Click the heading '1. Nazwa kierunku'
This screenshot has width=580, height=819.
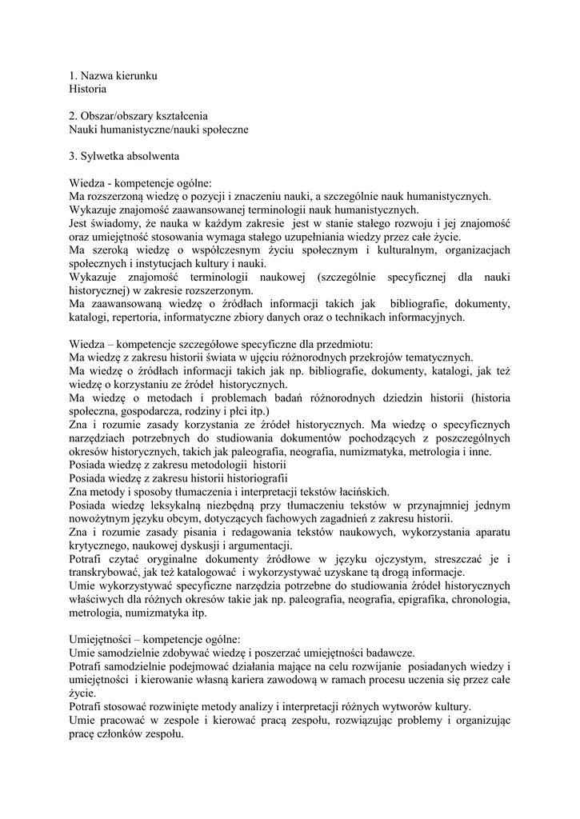click(113, 75)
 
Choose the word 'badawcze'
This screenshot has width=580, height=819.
click(395, 653)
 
